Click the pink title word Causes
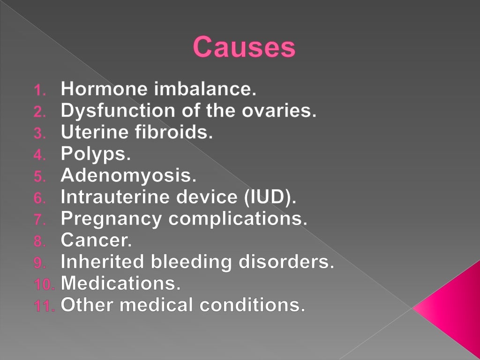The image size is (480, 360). [x=244, y=47]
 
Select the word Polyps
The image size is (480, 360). [x=89, y=155]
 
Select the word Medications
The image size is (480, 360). [x=120, y=284]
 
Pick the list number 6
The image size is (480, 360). [x=40, y=198]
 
